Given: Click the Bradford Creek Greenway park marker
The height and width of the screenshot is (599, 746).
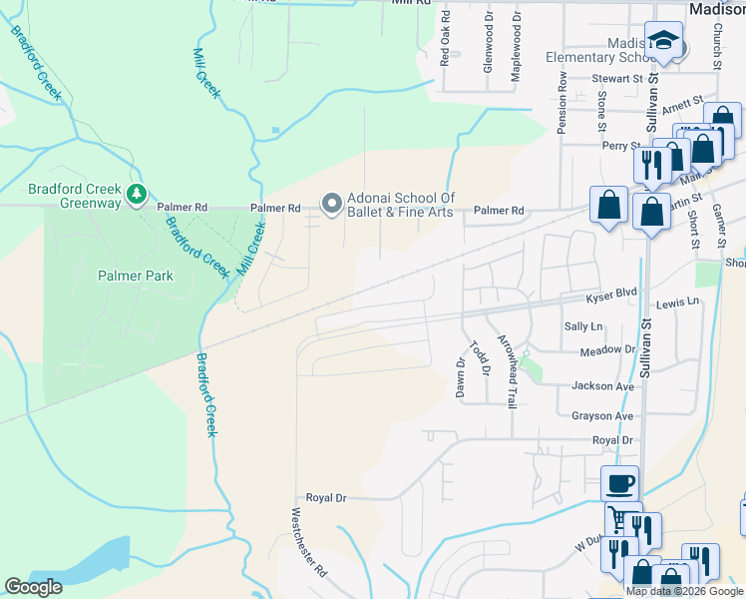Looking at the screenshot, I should tap(138, 193).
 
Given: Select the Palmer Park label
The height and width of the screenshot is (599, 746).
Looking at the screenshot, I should tap(135, 276).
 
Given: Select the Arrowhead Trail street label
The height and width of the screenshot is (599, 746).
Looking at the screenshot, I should tap(508, 370).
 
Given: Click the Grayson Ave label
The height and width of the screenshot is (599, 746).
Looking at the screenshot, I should tap(602, 416).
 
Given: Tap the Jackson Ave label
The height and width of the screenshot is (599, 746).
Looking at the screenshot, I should tap(602, 386).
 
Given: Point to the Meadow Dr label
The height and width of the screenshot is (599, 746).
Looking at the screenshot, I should tap(607, 351).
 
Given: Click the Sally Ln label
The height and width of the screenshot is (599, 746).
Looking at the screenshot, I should tap(583, 326).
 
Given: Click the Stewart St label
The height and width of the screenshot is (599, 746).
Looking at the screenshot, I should tap(616, 78).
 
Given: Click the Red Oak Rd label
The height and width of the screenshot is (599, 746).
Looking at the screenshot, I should tap(446, 38).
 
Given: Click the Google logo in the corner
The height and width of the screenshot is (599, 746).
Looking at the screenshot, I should tap(33, 587).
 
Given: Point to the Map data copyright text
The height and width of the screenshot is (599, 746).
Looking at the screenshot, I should tap(684, 591).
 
